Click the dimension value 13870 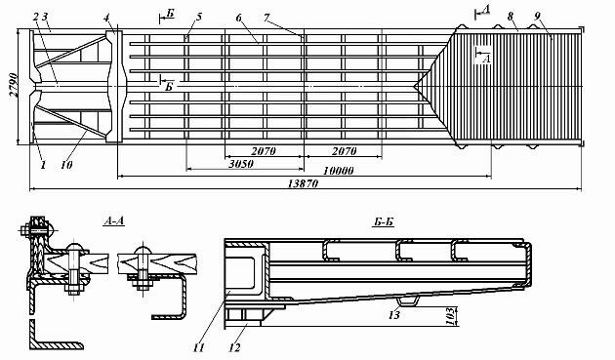tap(303, 183)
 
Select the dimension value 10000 tap(338, 170)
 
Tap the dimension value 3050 tap(241, 164)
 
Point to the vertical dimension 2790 tap(14, 84)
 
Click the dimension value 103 tap(450, 316)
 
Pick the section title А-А tap(114, 221)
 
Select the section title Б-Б tap(384, 222)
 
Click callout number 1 tap(43, 165)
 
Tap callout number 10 tap(66, 165)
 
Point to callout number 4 tap(106, 18)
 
